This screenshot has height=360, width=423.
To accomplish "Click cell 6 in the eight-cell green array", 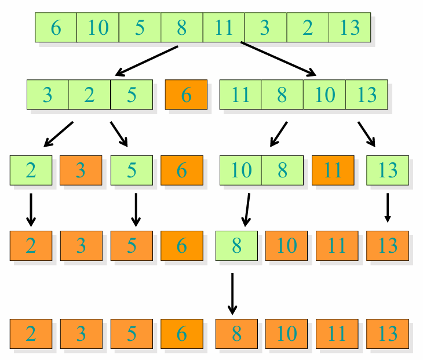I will click(56, 27).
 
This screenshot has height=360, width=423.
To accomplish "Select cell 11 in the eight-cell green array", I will click(224, 27).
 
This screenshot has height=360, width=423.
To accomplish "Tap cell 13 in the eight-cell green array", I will click(349, 27).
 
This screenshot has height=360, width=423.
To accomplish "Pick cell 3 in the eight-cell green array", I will click(265, 27).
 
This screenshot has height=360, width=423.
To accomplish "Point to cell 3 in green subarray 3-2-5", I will click(48, 94).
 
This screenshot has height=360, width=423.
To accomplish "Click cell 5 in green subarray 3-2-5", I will click(132, 94).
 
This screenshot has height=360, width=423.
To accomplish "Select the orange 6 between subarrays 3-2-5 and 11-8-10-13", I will click(186, 94).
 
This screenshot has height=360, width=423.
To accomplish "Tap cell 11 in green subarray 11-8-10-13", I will click(240, 94).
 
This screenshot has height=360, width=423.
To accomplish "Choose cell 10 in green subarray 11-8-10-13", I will click(325, 94).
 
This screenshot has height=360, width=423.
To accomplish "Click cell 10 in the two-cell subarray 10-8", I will click(240, 170).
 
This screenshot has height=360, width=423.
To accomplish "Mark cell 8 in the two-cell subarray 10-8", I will click(283, 170).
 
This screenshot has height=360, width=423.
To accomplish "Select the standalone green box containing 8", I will click(236, 246).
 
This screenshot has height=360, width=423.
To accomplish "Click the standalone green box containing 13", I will click(388, 170).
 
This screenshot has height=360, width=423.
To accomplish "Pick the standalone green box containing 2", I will click(31, 170).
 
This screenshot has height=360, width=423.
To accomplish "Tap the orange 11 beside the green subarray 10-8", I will click(333, 170).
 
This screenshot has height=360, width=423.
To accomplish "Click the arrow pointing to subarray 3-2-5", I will click(147, 60).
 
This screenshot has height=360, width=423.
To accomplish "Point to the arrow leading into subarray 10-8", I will click(279, 134).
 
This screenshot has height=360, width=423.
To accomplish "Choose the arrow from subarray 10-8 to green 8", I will click(247, 209).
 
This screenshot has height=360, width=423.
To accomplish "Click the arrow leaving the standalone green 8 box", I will click(232, 293).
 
